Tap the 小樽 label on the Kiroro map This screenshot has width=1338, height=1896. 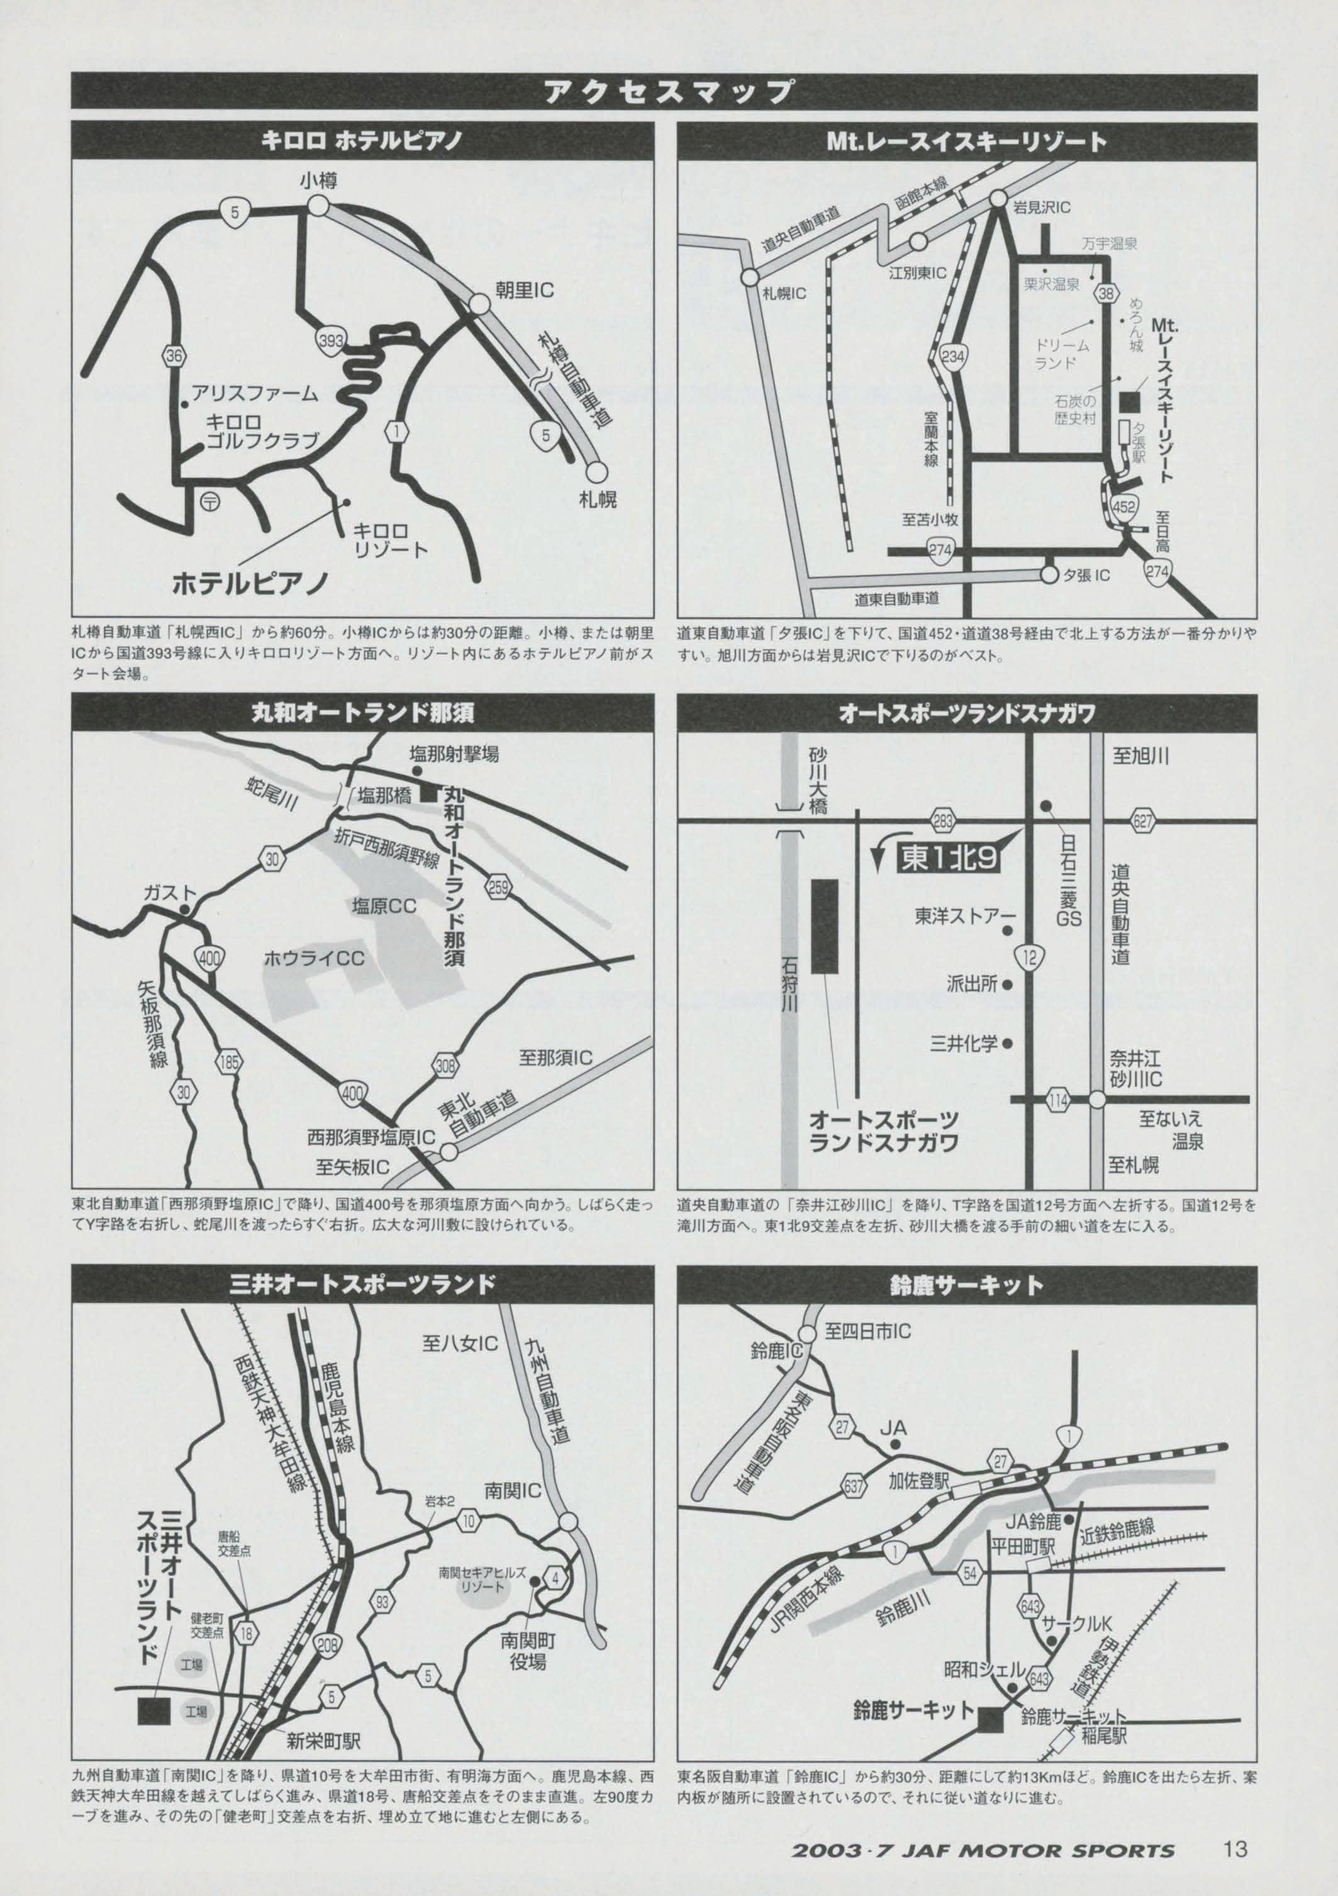pos(318,181)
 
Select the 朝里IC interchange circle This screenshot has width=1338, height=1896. pos(480,304)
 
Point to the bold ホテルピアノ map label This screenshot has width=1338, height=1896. pos(250,584)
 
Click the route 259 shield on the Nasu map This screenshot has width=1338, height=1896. pos(498,888)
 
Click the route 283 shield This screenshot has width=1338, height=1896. pos(942,820)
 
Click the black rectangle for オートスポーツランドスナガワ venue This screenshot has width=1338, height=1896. pos(824,926)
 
